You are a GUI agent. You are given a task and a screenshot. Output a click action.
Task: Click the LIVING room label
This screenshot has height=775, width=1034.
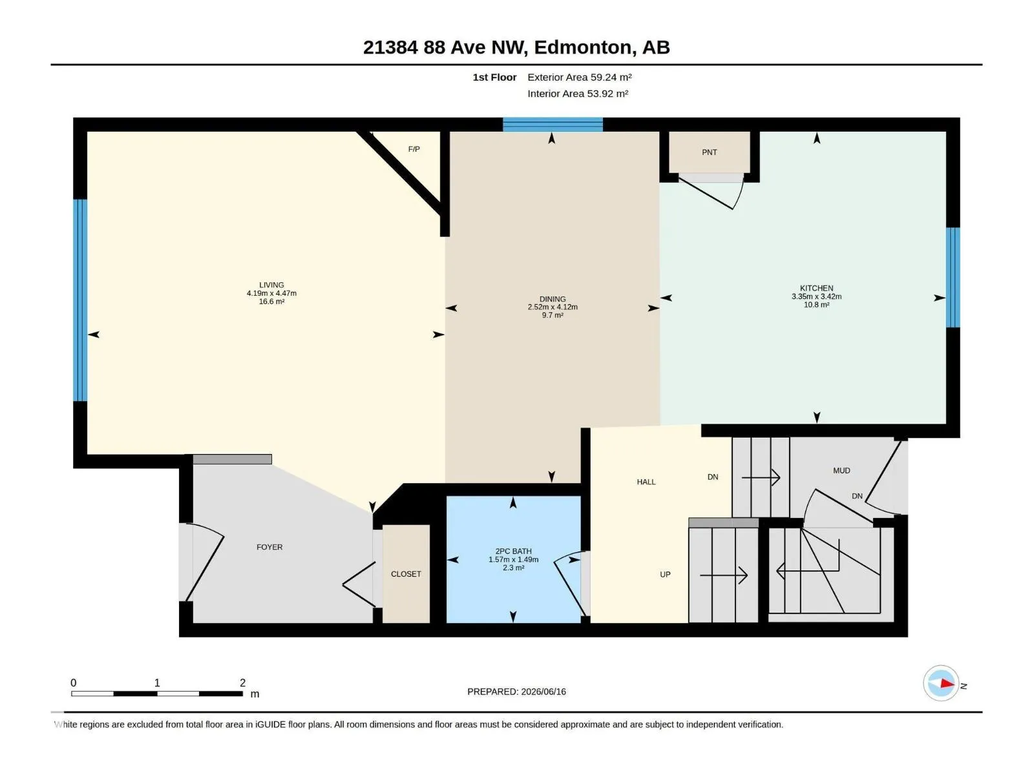(271, 285)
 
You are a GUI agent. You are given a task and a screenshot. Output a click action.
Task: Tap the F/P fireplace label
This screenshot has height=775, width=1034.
(414, 149)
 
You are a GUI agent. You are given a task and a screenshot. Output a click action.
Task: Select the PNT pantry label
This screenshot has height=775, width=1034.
(709, 152)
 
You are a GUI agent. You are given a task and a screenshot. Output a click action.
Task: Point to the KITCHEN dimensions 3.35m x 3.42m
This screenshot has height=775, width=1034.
(816, 296)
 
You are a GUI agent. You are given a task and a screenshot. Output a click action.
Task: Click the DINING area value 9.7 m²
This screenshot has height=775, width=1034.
(552, 315)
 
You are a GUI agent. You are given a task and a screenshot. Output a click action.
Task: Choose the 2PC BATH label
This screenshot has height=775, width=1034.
(513, 551)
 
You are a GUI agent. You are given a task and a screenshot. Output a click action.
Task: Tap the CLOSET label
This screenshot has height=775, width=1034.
(406, 574)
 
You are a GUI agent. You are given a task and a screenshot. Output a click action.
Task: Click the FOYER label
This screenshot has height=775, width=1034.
(269, 547)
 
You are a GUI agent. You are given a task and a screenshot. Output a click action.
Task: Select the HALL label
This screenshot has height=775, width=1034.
(646, 482)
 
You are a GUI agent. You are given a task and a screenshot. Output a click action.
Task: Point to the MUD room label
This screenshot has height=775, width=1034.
(841, 471)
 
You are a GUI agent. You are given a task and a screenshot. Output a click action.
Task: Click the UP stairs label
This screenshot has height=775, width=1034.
(665, 575)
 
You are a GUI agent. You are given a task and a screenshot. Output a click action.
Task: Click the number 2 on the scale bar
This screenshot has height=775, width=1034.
(242, 683)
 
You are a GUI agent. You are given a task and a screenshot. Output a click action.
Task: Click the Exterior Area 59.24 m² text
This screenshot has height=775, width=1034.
(580, 77)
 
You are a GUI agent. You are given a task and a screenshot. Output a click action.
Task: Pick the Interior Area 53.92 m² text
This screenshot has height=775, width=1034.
(578, 94)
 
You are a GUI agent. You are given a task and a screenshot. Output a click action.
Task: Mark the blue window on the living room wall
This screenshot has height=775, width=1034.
(80, 300)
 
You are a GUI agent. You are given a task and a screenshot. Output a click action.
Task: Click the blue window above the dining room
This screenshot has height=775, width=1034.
(553, 125)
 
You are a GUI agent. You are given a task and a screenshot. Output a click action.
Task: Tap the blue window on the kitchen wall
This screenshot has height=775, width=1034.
(953, 278)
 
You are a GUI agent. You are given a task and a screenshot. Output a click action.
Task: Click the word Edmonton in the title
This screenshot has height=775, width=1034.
(583, 48)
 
